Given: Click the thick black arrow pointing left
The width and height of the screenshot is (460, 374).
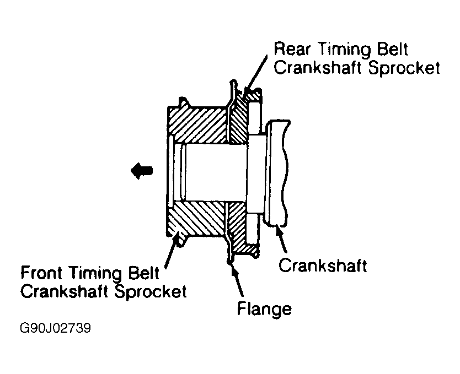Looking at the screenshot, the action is [x=141, y=171].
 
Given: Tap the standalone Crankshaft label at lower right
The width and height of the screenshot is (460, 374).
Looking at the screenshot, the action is [x=323, y=265].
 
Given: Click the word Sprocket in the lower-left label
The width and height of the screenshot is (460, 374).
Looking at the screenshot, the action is [x=151, y=290].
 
